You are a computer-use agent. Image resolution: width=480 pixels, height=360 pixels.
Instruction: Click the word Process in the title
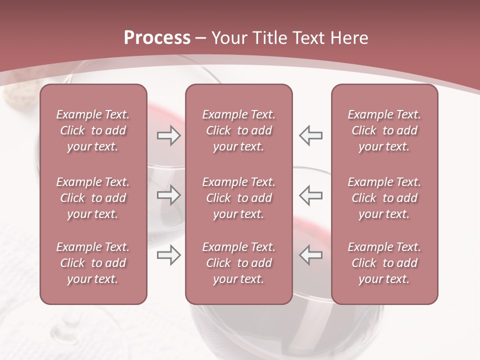(157, 37)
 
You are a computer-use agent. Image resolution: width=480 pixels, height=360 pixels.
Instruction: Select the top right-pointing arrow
(168, 135)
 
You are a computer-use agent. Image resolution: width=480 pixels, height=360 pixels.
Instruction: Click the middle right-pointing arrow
(168, 195)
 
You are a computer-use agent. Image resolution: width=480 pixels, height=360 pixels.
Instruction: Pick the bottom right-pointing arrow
(168, 255)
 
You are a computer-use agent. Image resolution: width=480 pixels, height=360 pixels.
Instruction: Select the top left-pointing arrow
(311, 135)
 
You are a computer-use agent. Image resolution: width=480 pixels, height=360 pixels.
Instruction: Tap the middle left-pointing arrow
(311, 195)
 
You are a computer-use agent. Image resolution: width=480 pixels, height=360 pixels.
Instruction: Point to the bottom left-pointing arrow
(311, 255)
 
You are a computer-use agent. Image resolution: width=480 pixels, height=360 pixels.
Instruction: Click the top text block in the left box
(93, 130)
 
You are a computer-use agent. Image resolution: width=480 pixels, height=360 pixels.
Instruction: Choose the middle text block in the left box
(93, 198)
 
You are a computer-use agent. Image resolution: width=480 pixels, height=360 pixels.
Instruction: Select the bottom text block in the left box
(93, 263)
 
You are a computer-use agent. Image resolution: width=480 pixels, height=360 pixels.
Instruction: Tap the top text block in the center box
(239, 130)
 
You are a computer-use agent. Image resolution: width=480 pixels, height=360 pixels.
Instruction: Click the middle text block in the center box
(239, 198)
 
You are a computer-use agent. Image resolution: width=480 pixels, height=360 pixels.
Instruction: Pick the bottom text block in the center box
(239, 263)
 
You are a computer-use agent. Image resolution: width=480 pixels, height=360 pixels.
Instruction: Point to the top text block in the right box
(384, 130)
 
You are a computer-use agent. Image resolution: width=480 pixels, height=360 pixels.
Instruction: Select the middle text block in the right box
(384, 198)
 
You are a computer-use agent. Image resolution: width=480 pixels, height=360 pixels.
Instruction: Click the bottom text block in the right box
(384, 263)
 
